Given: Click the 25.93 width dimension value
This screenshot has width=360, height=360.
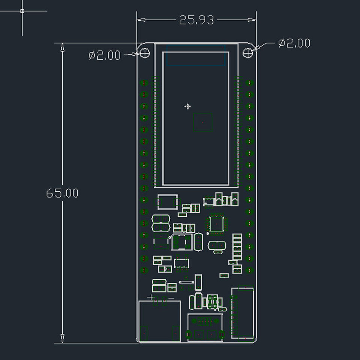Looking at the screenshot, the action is [x=196, y=20].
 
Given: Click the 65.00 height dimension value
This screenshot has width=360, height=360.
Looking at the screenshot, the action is [x=62, y=193].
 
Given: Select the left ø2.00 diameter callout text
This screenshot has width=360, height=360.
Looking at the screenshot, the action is [x=105, y=55].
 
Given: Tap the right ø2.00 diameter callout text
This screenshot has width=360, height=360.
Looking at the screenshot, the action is [x=294, y=43].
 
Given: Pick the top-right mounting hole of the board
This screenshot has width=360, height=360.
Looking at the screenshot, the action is [x=248, y=53].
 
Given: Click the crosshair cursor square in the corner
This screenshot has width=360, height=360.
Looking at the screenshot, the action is [x=22, y=11].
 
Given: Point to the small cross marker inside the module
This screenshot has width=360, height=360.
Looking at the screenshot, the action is [x=187, y=106].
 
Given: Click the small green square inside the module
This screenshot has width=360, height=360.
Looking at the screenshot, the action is [x=202, y=122].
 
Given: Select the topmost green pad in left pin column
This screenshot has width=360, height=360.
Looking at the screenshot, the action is [x=144, y=82].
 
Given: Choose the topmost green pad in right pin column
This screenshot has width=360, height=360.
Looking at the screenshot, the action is [x=250, y=82].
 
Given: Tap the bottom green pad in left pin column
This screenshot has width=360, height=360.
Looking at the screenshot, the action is [x=144, y=270].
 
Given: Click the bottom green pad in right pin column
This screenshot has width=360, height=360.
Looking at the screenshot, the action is [x=250, y=270].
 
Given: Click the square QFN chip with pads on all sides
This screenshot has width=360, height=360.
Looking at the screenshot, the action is [x=216, y=224].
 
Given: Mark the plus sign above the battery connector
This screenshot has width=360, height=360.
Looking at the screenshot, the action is [x=151, y=297].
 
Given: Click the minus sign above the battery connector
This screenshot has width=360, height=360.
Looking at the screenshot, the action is [x=171, y=298].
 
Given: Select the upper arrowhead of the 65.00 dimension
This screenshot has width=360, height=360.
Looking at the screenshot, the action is [x=62, y=47].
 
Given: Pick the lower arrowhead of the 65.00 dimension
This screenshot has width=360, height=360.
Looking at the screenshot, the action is [x=62, y=339].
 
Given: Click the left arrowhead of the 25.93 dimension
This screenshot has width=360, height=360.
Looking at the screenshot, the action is [x=141, y=20].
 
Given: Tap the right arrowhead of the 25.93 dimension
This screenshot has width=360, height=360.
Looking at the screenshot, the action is [x=252, y=20].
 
